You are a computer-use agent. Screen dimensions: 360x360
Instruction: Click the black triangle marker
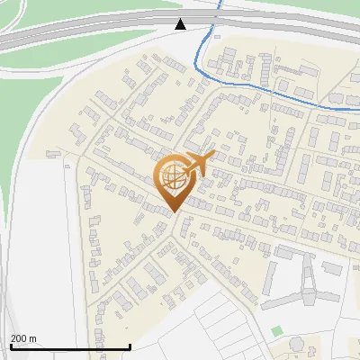pos(181,23)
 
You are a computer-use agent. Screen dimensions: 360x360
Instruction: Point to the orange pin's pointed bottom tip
pos(172,212)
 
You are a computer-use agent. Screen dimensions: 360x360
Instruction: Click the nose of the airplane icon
pos(212,157)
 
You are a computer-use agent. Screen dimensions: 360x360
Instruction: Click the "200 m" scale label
pos(23,338)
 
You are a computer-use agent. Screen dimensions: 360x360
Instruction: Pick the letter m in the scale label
pos(32,338)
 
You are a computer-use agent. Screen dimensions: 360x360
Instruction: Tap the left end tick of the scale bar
pos(11,346)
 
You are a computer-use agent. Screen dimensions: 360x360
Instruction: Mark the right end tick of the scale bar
pos(130,346)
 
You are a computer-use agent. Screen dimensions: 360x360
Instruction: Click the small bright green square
pos(276,331)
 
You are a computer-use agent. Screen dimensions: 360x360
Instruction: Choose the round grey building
pos(296,344)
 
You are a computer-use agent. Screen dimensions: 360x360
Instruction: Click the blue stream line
pos(270,92)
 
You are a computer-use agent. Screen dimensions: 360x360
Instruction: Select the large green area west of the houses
pos(36,117)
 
